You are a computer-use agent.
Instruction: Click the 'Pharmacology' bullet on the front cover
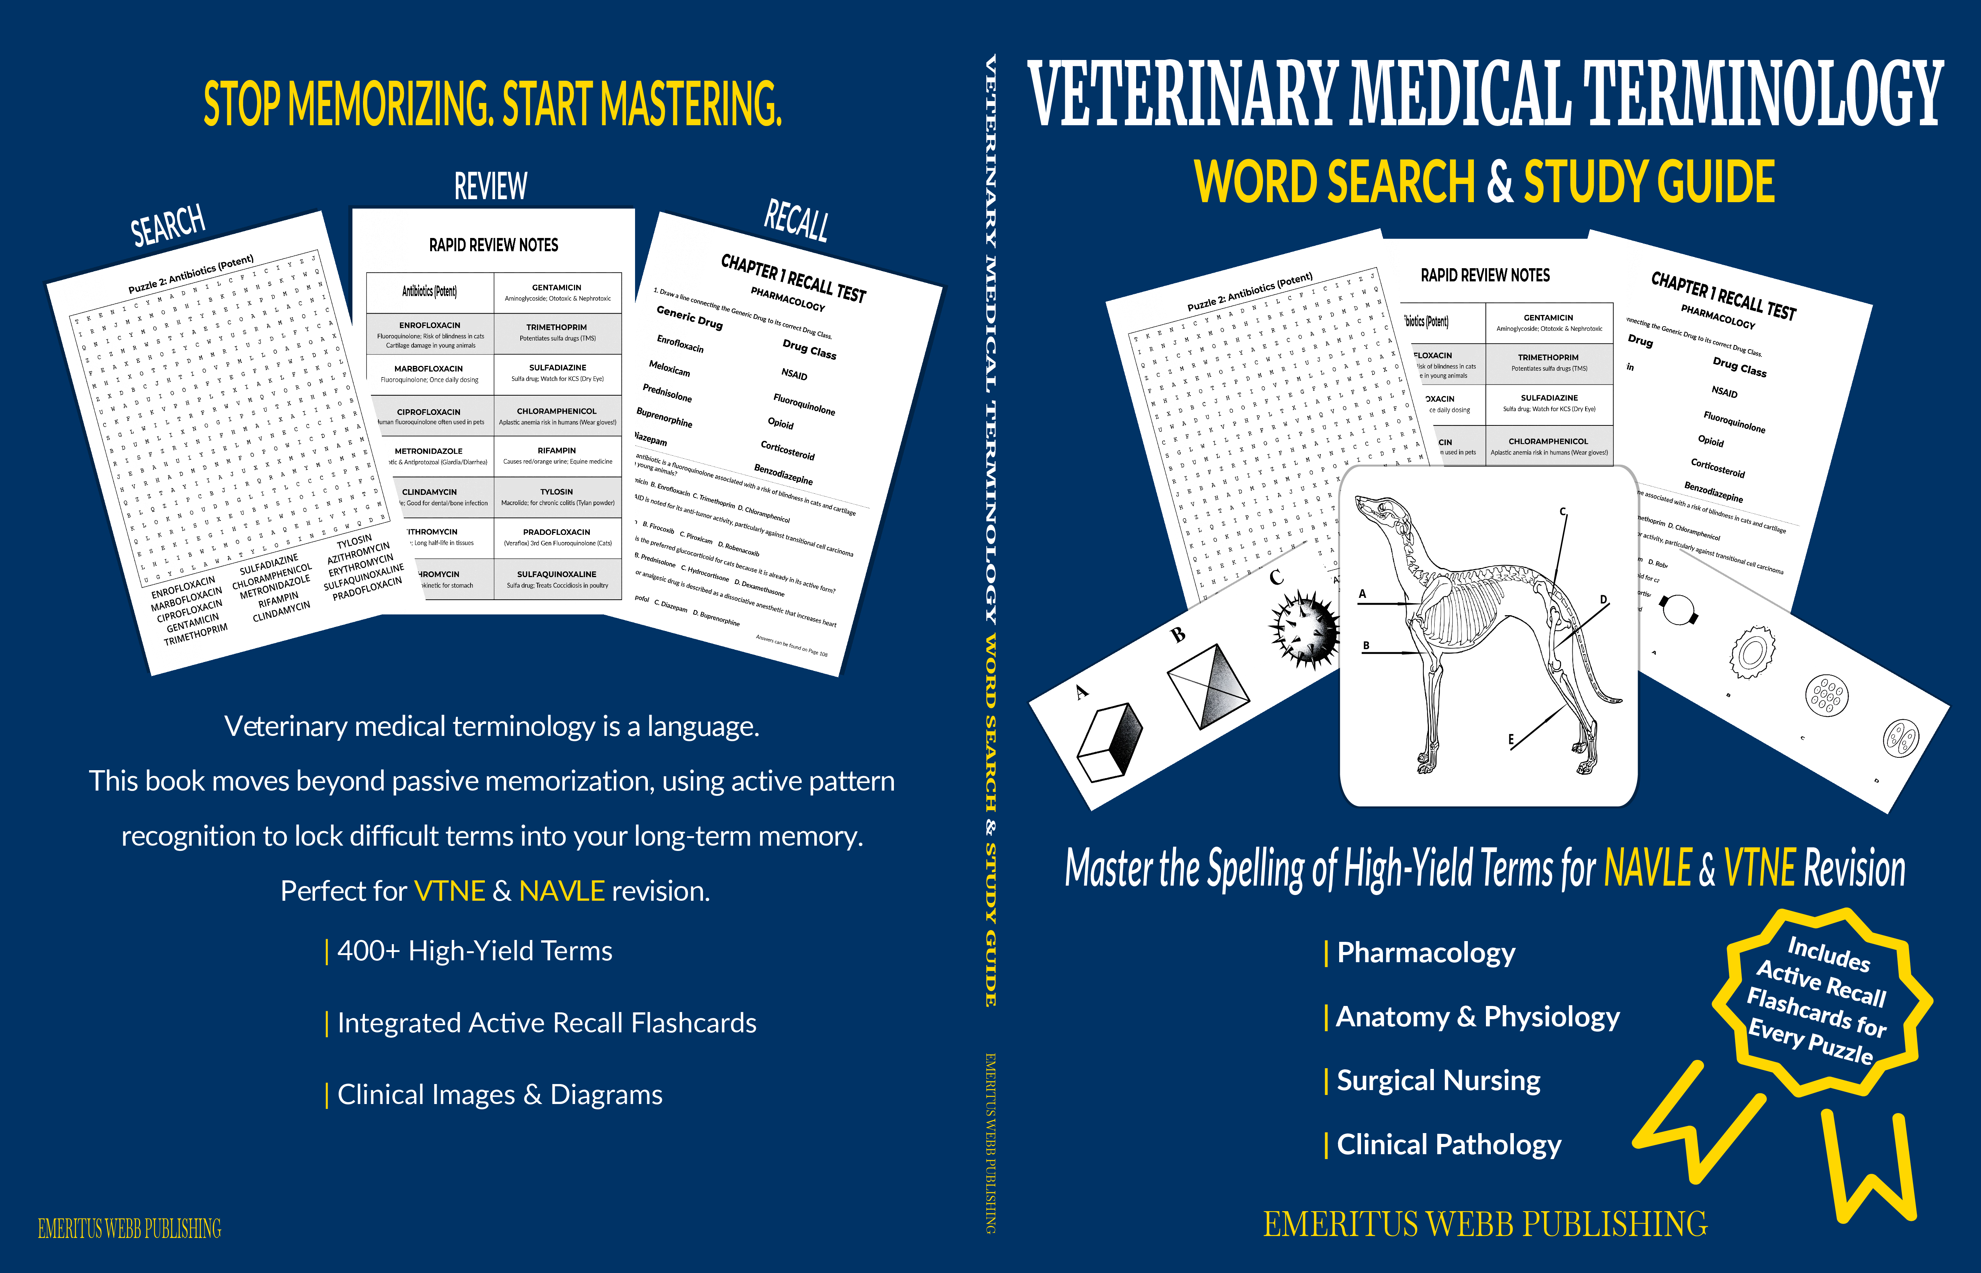(x=1426, y=953)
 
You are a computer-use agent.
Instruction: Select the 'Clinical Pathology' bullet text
(x=1449, y=1145)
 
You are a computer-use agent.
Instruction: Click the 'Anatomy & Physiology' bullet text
(x=1478, y=1017)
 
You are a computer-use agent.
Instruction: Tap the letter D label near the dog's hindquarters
(x=1603, y=599)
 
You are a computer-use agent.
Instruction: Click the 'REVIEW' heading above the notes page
(x=490, y=186)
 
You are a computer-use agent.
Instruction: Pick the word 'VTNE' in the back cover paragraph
(x=449, y=891)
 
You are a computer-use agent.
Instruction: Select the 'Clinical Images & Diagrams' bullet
(x=499, y=1095)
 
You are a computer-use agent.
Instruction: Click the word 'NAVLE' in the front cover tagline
(x=1648, y=869)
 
